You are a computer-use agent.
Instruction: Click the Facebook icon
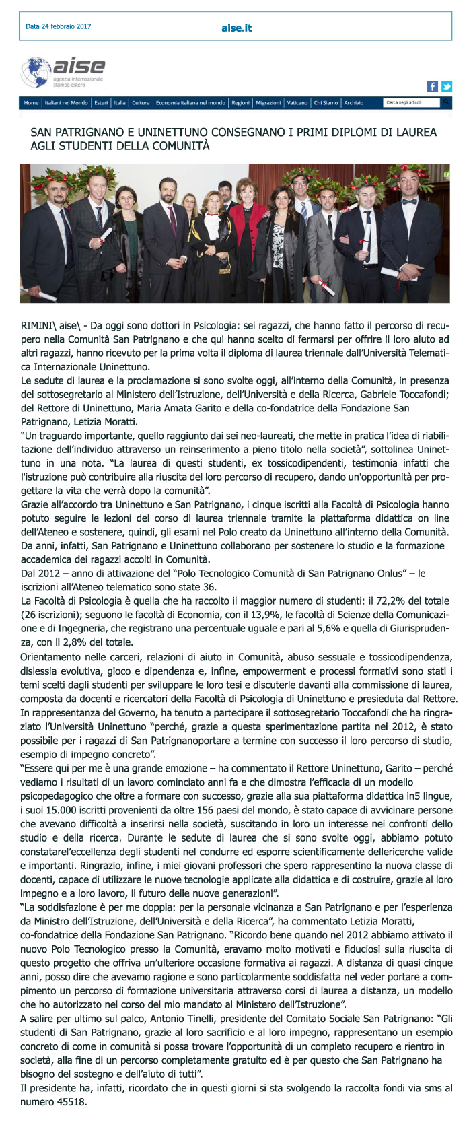(433, 86)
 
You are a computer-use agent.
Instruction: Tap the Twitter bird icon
(446, 86)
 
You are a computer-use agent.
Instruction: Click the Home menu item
(31, 103)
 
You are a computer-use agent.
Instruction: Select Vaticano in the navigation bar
(297, 103)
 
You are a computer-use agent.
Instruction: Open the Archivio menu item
(354, 103)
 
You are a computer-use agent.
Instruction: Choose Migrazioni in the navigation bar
(268, 103)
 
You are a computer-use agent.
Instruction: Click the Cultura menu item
(141, 103)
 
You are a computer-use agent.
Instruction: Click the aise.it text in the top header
(236, 28)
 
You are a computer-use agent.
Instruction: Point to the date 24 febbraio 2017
(59, 27)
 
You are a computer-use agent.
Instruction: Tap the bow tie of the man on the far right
(410, 201)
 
